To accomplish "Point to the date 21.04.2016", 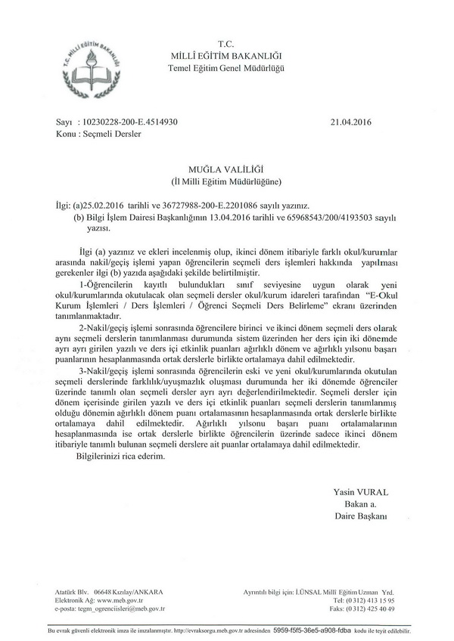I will click(353, 121).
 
